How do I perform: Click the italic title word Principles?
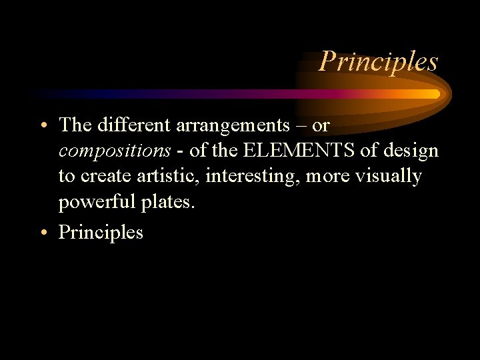point(378,61)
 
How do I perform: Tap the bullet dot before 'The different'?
point(43,126)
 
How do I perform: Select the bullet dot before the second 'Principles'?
point(43,233)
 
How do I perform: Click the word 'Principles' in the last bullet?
point(101,233)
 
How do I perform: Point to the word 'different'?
point(127,125)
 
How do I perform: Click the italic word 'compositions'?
point(115,151)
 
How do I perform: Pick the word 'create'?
point(101,177)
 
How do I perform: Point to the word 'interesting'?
point(253,177)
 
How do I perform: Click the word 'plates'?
point(167,203)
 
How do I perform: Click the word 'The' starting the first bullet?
point(75,125)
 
